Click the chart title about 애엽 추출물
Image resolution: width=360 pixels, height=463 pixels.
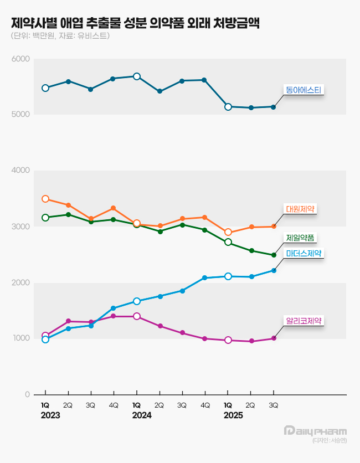(136, 23)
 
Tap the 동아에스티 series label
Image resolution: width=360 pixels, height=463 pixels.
(304, 89)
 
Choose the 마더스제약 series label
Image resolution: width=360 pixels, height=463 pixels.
(304, 253)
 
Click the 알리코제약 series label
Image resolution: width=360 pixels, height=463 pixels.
(304, 321)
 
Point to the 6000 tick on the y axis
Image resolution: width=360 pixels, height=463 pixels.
(22, 59)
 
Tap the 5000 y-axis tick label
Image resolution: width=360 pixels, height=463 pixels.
(22, 115)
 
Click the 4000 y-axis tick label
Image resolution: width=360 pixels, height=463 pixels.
(22, 171)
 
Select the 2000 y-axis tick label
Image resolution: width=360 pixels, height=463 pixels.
(22, 283)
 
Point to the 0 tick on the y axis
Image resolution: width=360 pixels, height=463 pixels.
(27, 395)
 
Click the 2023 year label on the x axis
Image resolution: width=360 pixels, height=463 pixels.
(50, 415)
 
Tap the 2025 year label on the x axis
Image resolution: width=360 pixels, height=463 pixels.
(233, 415)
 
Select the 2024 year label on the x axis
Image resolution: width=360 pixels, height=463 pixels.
(141, 415)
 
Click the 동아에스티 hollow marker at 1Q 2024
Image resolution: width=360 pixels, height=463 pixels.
(137, 76)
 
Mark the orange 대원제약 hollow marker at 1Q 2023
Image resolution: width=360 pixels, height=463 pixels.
(45, 199)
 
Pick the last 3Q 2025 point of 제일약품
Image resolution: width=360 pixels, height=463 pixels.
(273, 255)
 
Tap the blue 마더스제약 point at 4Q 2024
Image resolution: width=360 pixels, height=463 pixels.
(205, 278)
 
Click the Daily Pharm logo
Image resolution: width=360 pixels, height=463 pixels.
(315, 431)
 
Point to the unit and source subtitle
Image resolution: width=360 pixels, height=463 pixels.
(60, 37)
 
